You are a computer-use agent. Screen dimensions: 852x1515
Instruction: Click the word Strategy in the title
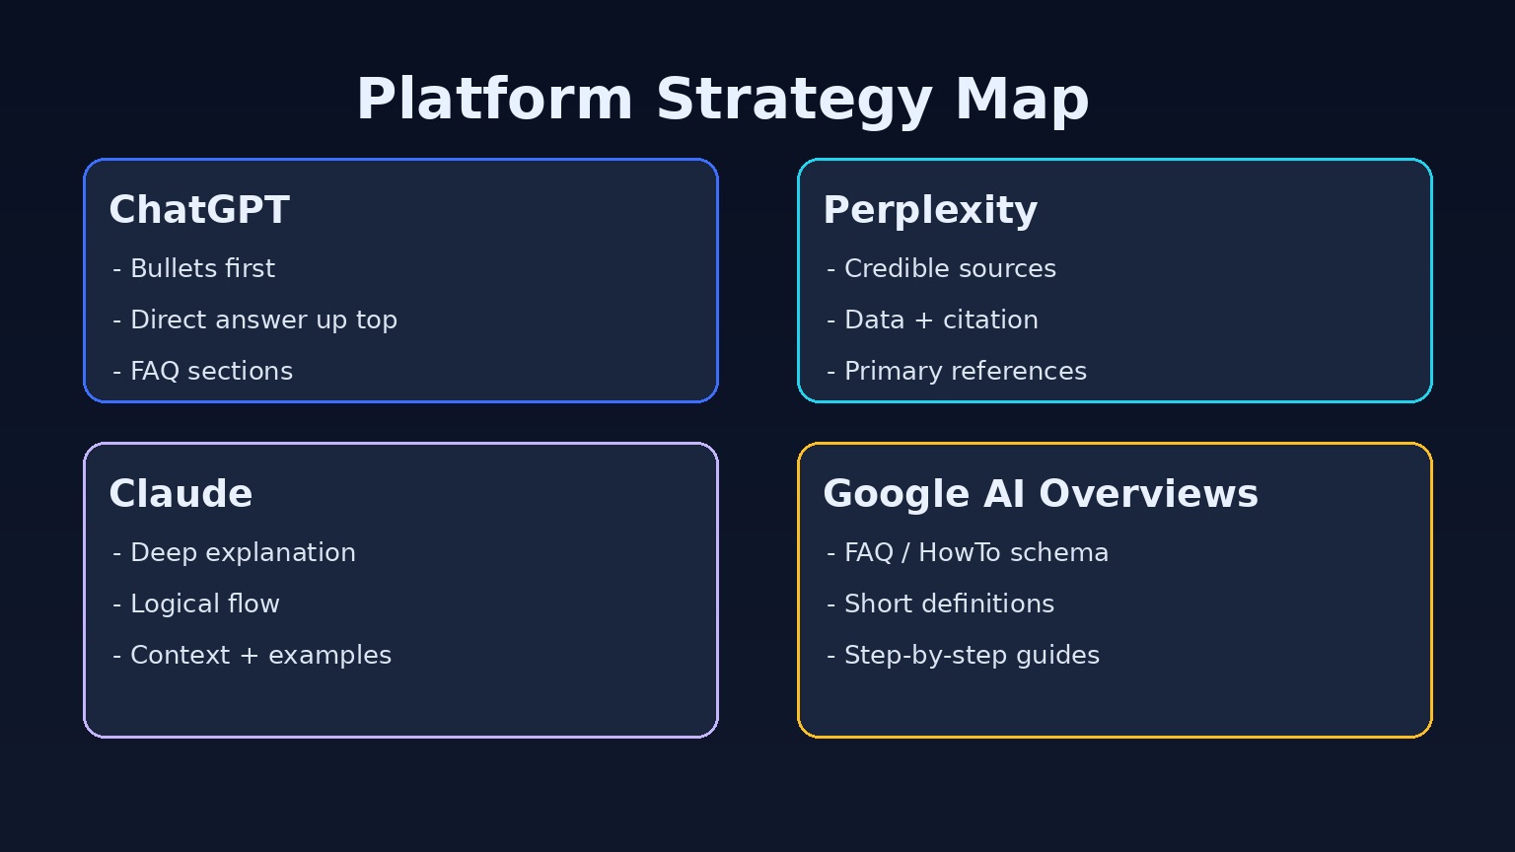(x=793, y=101)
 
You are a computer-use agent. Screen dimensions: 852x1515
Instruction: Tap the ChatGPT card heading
(x=198, y=210)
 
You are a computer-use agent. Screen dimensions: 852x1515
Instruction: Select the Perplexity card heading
(x=929, y=210)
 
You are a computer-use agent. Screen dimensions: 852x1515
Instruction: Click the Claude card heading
(x=180, y=494)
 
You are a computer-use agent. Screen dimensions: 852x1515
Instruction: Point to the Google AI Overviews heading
(x=1040, y=494)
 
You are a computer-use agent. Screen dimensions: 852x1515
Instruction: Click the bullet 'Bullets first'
(x=194, y=268)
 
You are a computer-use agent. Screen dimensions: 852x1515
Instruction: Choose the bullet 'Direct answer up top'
(x=255, y=319)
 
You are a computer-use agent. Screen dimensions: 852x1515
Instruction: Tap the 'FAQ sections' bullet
(x=203, y=371)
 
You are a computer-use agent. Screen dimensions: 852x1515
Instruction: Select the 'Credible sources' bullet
(x=942, y=268)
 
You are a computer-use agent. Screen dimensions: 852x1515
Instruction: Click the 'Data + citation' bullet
(x=933, y=319)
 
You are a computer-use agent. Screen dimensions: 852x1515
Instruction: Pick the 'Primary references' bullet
(x=957, y=371)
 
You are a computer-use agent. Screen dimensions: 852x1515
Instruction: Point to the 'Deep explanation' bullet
(x=235, y=552)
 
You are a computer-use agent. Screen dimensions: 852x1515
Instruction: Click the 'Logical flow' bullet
(x=196, y=603)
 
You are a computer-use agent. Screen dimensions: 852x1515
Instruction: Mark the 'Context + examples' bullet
(x=252, y=655)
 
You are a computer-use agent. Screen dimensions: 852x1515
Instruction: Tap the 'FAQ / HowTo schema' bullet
(x=968, y=552)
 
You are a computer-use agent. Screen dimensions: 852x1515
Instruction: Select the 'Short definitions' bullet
(x=941, y=603)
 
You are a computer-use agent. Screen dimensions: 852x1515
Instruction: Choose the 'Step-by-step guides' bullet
(x=964, y=655)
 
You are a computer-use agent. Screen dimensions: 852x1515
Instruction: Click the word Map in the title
(x=1022, y=101)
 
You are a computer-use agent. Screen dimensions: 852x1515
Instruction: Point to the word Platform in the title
(x=494, y=101)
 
